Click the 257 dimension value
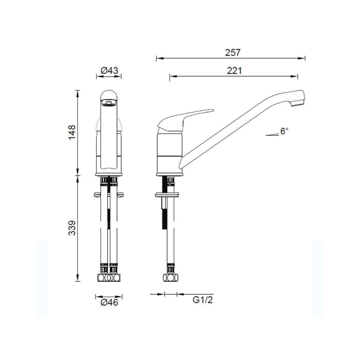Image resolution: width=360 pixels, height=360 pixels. point(233,52)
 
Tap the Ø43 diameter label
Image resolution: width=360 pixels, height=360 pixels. point(109,70)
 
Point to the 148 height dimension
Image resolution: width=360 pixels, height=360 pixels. point(72,132)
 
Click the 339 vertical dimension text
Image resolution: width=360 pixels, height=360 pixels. point(72,229)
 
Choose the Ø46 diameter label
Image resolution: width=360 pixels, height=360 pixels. point(109,302)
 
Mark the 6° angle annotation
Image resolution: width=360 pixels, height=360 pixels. point(284,131)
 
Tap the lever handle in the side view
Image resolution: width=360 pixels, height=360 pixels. point(186,118)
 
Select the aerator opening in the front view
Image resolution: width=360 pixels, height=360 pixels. point(108,103)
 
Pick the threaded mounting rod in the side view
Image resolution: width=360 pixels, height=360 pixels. point(163,211)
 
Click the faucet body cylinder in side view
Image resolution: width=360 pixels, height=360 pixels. point(169,151)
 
